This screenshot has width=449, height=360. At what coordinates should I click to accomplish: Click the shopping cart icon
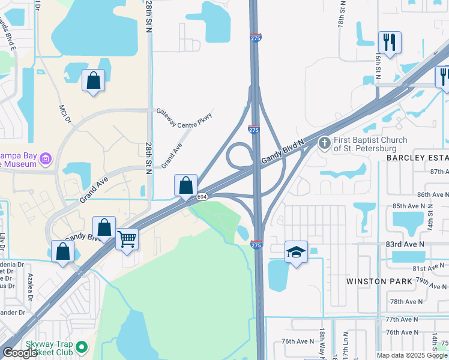(x=127, y=239)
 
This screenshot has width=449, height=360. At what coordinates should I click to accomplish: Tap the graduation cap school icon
(x=296, y=251)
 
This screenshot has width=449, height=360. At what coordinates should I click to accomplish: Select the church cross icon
(x=325, y=143)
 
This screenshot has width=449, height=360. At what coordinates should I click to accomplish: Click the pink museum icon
(x=46, y=159)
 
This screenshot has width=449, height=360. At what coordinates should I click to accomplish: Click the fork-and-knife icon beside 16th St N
(x=390, y=42)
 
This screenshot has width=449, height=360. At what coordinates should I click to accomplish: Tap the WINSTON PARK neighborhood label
(x=379, y=281)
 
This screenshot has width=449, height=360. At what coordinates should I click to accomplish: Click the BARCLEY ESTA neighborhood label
(x=417, y=157)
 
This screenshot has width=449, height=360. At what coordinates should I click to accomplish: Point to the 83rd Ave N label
(x=405, y=244)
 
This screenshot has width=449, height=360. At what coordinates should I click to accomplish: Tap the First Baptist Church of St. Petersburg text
(x=370, y=144)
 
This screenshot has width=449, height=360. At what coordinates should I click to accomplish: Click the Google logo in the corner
(x=20, y=353)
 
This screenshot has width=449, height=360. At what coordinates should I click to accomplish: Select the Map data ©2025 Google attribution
(x=412, y=355)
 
